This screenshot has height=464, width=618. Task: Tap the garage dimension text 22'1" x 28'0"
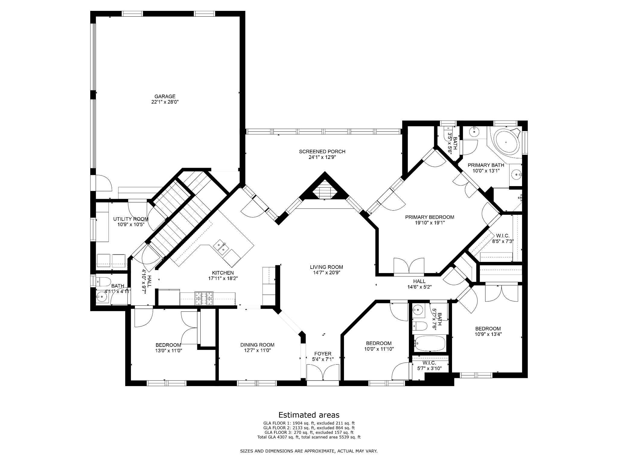click(x=165, y=102)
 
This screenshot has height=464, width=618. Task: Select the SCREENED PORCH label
click(x=322, y=152)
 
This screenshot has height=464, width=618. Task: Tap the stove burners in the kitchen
click(x=204, y=298)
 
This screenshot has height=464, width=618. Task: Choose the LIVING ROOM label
click(x=327, y=267)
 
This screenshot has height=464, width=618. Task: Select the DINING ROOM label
click(x=257, y=345)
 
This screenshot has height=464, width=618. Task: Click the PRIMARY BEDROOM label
click(x=430, y=217)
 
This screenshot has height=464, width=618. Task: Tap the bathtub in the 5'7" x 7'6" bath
click(x=429, y=343)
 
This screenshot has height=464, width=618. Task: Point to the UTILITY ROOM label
click(x=131, y=219)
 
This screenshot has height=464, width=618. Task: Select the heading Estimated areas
click(x=309, y=415)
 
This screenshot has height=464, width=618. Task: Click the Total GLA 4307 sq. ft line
click(x=309, y=437)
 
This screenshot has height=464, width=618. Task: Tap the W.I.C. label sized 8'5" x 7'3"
click(x=503, y=236)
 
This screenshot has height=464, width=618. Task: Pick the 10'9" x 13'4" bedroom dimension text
click(x=488, y=334)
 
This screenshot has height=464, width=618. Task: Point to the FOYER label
click(x=323, y=354)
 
